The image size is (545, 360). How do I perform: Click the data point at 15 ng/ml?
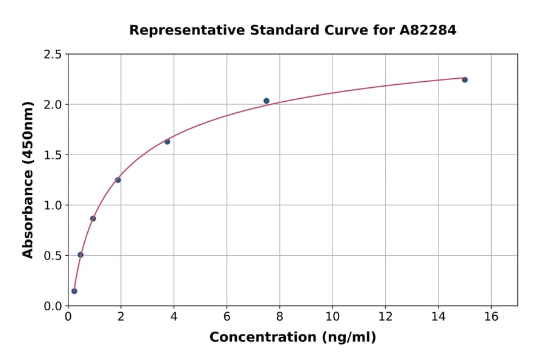[464, 79]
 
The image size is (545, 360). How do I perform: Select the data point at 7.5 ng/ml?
[266, 101]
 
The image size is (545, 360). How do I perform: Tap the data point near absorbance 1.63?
[167, 141]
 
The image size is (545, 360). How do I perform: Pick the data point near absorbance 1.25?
[117, 180]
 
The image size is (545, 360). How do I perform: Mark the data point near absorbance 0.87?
[93, 218]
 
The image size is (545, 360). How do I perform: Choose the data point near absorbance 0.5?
[81, 255]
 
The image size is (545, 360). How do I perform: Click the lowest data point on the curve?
[74, 291]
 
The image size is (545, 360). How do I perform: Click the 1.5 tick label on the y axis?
[53, 155]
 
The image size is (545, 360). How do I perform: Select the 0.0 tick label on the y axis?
[53, 306]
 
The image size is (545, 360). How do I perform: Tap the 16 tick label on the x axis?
[491, 316]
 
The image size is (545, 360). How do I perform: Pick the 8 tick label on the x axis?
[280, 316]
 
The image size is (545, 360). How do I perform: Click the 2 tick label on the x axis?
[121, 316]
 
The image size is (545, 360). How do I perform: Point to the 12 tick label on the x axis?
[385, 316]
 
